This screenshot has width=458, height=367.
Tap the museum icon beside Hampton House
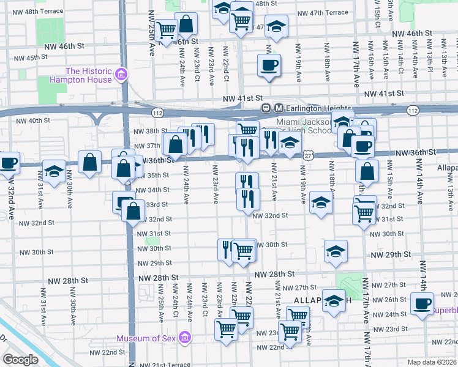pyautogui.click(x=121, y=75)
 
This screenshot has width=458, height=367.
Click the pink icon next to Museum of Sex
pyautogui.click(x=186, y=338)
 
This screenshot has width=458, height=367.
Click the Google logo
pyautogui.click(x=20, y=360)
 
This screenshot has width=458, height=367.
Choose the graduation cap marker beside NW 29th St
pyautogui.click(x=336, y=251)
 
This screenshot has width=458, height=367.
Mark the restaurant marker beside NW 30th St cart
pyautogui.click(x=227, y=250)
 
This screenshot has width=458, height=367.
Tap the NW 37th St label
pyautogui.click(x=147, y=146)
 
